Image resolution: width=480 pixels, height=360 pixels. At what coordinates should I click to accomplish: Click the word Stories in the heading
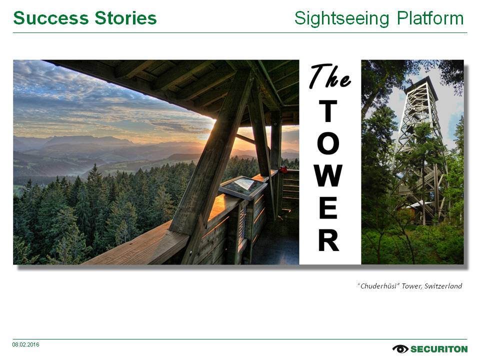click(x=126, y=18)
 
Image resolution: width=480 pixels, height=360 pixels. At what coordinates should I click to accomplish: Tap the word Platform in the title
click(x=430, y=18)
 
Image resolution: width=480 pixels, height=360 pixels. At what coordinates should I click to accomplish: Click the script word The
click(x=329, y=76)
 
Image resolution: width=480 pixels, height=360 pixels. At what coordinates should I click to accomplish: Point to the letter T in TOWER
click(x=328, y=111)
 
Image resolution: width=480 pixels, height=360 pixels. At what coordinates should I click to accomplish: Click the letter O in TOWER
click(x=328, y=143)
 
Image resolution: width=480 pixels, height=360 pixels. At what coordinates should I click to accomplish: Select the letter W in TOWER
click(x=328, y=175)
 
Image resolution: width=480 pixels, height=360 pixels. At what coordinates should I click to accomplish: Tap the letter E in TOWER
click(x=328, y=208)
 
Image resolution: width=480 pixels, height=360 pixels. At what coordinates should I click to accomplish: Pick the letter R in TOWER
click(x=328, y=240)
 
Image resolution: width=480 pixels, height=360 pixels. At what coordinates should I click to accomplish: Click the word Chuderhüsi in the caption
click(x=378, y=286)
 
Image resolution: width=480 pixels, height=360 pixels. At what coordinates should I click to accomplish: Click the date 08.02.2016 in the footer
click(x=25, y=344)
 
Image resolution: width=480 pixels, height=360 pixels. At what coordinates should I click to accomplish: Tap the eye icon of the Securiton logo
click(x=400, y=348)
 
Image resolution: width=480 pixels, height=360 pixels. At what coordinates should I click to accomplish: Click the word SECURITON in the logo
click(x=439, y=349)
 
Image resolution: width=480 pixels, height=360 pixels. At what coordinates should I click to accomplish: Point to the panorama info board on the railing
click(x=243, y=187)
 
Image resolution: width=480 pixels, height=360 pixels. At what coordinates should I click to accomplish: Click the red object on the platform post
click(x=284, y=169)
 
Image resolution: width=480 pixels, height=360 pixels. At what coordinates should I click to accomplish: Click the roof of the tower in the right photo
click(x=421, y=84)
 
